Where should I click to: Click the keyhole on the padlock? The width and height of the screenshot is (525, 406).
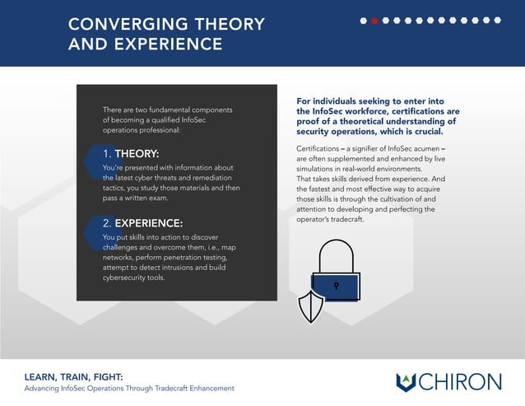click(336, 285)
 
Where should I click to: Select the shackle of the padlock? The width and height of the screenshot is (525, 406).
click(336, 255)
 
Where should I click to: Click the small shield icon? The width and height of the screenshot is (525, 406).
click(309, 307)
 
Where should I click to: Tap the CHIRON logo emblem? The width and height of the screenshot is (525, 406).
click(407, 381)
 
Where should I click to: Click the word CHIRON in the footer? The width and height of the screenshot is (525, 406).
click(461, 381)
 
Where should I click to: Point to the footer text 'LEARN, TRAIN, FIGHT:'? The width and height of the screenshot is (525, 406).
click(73, 376)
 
